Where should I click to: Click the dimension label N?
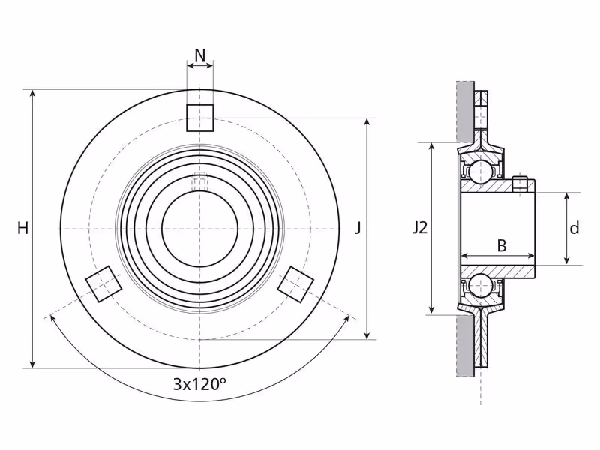tap(200, 55)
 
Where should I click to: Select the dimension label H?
tap(23, 229)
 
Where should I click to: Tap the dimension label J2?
tap(420, 229)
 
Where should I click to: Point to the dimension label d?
tap(574, 229)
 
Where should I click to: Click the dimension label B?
tap(501, 245)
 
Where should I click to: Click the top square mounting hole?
tap(199, 118)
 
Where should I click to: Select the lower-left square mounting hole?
tap(103, 284)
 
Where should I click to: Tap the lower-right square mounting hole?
tap(295, 284)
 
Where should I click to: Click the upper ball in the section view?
tap(480, 172)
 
